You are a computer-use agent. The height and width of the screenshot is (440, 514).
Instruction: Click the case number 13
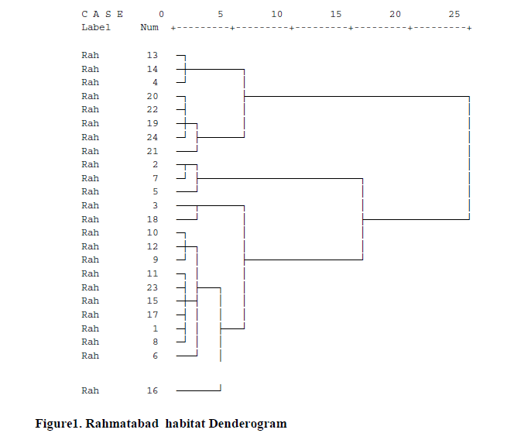[x=152, y=56]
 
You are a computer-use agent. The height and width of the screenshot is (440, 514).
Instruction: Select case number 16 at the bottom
[x=152, y=390]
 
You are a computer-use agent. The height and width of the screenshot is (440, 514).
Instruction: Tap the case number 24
[x=152, y=137]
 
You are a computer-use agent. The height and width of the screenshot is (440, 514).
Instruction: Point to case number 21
[x=152, y=151]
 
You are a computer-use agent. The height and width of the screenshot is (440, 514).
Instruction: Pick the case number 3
[x=155, y=205]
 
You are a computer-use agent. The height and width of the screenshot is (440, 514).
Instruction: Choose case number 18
[x=152, y=219]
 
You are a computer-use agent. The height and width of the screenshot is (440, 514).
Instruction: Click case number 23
[x=152, y=287]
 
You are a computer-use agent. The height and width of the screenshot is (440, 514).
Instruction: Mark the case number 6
[x=155, y=356]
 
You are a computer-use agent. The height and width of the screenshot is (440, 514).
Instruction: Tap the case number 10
[x=152, y=232]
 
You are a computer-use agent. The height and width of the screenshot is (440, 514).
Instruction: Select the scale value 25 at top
[x=454, y=14]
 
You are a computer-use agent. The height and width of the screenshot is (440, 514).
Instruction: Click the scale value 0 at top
[x=161, y=14]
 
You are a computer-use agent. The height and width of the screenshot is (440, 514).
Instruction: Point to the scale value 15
[x=336, y=14]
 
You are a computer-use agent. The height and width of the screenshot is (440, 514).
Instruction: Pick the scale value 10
[x=276, y=14]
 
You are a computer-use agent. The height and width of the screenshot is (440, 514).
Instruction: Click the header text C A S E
[x=102, y=14]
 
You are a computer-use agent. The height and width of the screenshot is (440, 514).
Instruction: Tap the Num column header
[x=149, y=27]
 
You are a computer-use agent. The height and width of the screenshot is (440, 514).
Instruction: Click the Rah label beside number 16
[x=90, y=390]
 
